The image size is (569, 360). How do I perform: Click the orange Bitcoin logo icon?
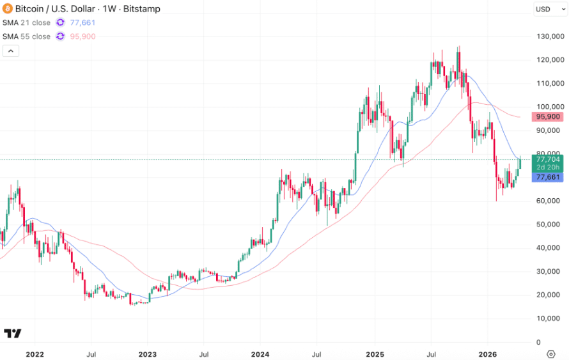coord(8,9)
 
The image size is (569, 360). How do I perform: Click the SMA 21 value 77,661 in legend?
coord(82,22)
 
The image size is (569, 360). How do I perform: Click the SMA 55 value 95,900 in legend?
coord(82,36)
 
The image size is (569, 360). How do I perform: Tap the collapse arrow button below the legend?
coord(11,51)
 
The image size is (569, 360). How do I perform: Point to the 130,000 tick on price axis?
coord(550,36)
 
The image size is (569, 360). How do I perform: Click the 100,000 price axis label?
coord(550,107)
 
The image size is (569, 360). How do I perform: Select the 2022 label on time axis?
coord(35,354)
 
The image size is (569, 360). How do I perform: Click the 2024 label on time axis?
coord(260,354)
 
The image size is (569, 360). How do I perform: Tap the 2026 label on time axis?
coord(488,354)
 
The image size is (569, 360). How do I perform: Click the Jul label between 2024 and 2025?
coord(316,354)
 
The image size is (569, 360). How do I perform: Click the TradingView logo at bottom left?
coord(12,333)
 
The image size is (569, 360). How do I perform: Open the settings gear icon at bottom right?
coord(550,354)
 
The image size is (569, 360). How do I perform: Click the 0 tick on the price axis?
coord(539,342)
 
